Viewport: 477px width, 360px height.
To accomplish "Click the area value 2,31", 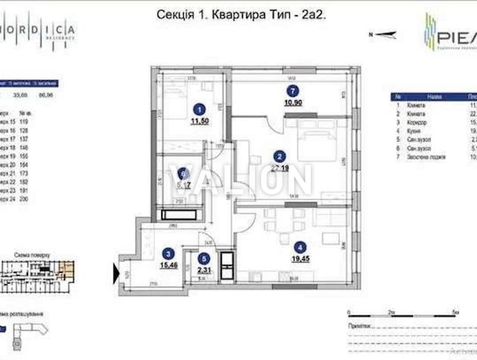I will coord(203,269).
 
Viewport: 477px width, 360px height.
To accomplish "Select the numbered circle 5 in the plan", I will coord(203,258).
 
